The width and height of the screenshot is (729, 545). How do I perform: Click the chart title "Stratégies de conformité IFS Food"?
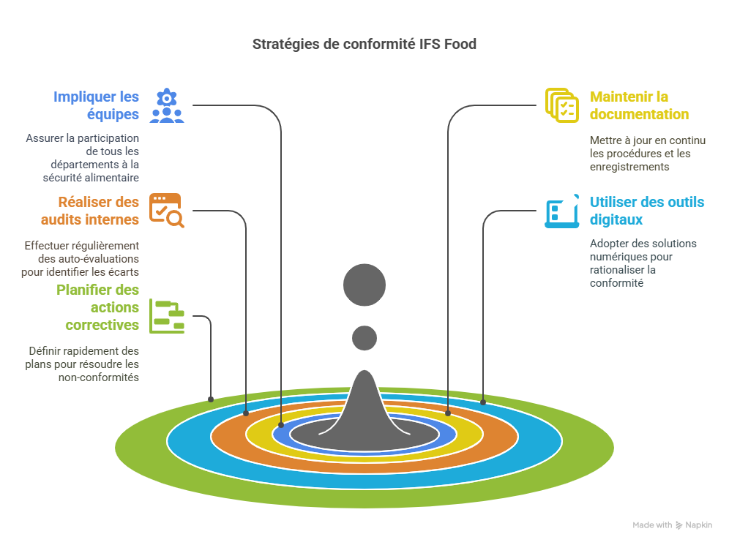pos(364,45)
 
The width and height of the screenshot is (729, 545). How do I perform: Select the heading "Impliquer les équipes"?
pos(96,105)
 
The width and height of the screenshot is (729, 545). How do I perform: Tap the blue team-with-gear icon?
pos(167,105)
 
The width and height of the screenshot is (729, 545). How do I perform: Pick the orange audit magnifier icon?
pos(167,211)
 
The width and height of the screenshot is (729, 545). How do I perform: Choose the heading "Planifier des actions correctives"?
pos(98,307)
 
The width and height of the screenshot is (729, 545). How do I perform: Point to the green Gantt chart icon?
pos(167,315)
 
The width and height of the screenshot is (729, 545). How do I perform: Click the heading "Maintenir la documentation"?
pos(639,105)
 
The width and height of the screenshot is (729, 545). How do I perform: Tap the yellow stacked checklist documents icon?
pos(561,105)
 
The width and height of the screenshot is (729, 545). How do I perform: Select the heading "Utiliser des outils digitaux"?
pos(647,211)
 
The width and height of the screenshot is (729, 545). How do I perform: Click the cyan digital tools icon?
pos(561,211)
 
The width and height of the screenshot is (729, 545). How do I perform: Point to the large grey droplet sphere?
pos(364,284)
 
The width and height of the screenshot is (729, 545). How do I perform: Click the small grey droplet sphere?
pos(364,338)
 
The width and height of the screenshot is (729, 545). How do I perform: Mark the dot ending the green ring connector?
pos(211,399)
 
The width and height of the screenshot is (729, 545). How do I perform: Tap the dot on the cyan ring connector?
pos(483,402)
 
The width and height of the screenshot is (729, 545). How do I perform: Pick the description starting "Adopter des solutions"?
pos(633,263)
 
